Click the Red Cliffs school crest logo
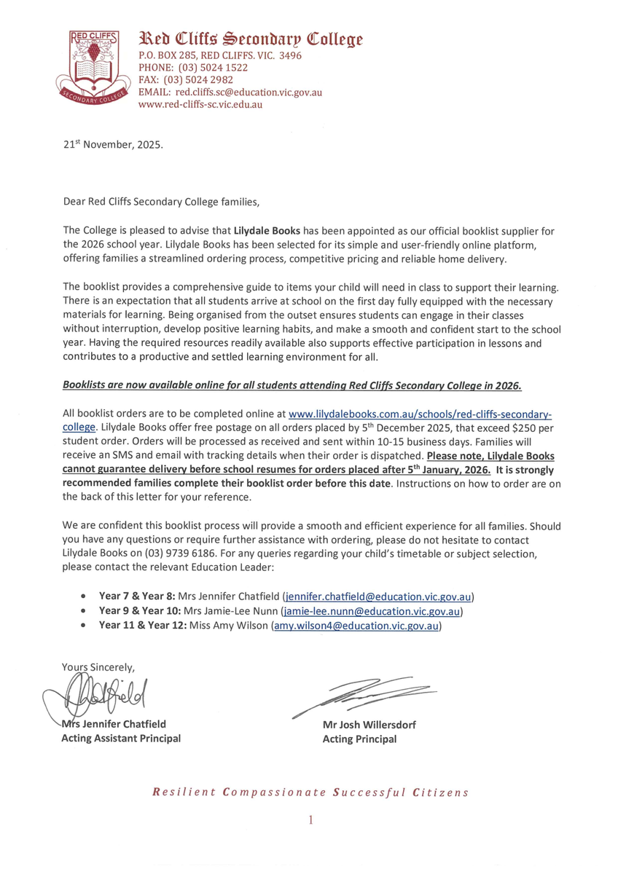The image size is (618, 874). click(96, 68)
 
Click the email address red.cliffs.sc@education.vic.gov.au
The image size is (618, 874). click(247, 92)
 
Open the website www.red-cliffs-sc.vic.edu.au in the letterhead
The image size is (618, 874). click(200, 104)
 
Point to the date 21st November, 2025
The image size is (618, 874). click(113, 144)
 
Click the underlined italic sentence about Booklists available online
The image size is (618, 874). click(292, 385)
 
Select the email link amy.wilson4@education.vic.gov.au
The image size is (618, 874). click(356, 626)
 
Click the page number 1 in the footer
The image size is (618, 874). click(310, 820)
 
